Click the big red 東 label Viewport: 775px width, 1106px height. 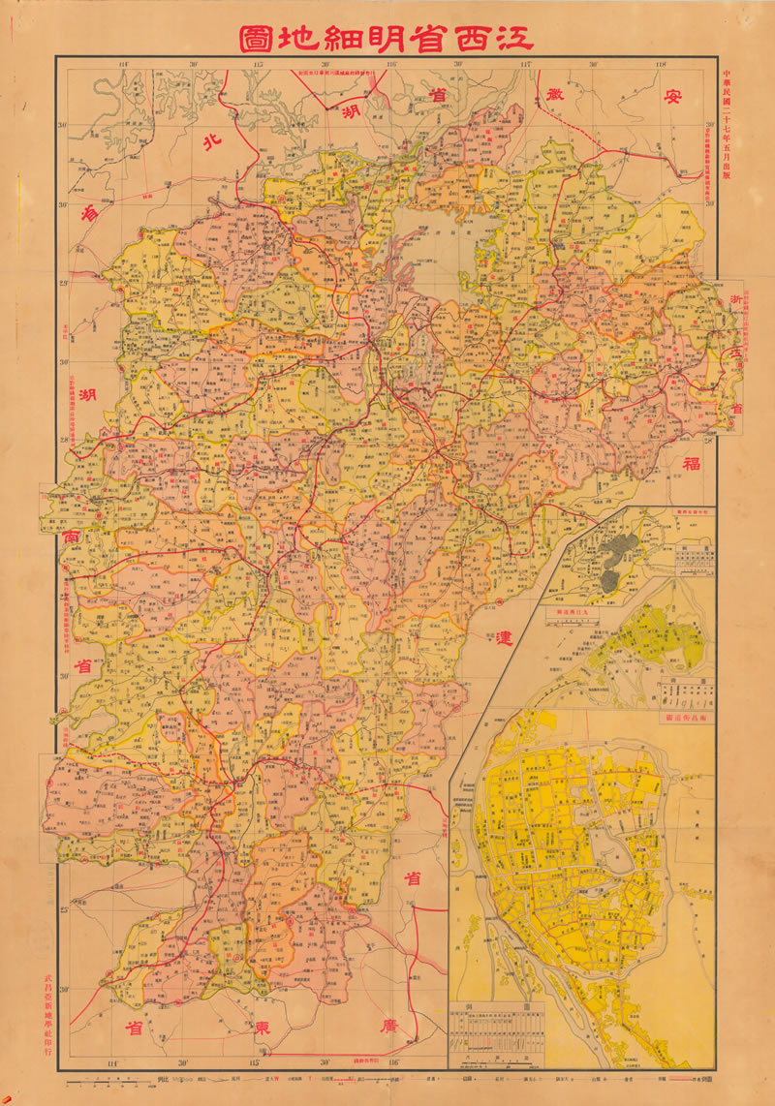point(261,1025)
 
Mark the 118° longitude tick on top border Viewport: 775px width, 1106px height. point(662,65)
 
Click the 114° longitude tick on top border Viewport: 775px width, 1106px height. point(122,65)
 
